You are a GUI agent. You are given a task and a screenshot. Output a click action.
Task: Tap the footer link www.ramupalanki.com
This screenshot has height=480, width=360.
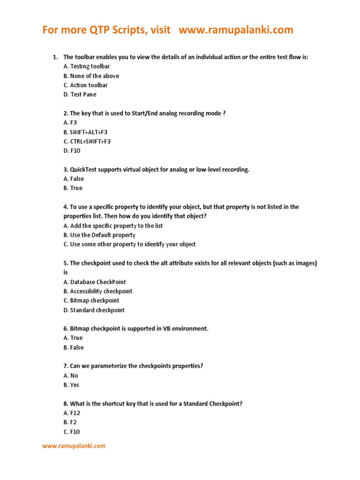point(74,446)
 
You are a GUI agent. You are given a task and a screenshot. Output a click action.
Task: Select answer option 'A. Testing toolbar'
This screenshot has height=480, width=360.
point(87,67)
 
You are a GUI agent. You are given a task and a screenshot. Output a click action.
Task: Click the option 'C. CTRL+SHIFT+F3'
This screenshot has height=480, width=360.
point(87,141)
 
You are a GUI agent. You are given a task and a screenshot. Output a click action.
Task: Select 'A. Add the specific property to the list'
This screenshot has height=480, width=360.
point(113,225)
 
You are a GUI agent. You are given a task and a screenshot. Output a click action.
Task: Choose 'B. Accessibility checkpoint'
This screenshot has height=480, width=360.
point(98,291)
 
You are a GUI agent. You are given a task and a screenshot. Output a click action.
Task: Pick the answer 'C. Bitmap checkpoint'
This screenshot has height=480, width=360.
point(91,300)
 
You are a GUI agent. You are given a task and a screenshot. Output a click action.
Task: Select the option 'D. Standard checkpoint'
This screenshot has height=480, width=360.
point(94,310)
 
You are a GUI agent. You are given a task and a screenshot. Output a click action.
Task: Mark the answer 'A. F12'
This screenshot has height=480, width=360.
point(73,413)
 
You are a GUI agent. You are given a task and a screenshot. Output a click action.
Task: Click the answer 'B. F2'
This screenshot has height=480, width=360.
point(71,422)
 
